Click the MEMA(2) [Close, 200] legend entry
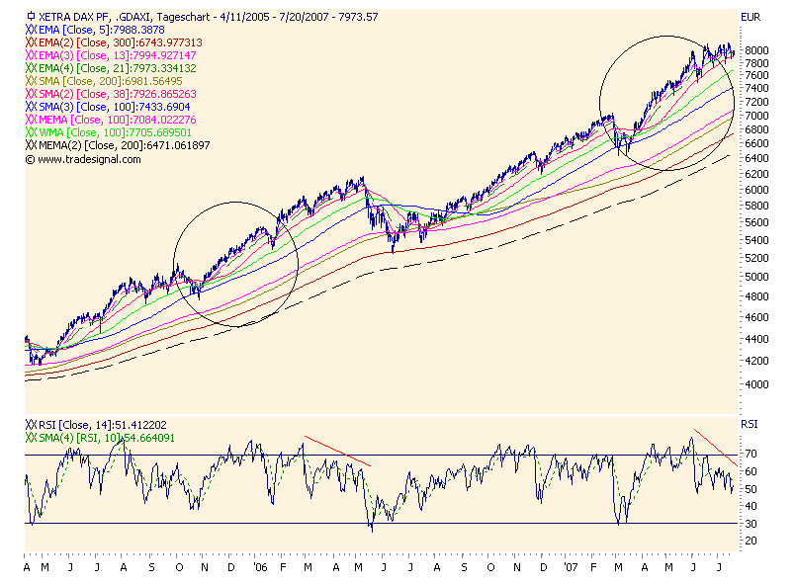click(119, 145)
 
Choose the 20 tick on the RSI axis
click(752, 541)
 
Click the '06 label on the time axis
click(260, 570)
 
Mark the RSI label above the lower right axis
click(750, 425)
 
